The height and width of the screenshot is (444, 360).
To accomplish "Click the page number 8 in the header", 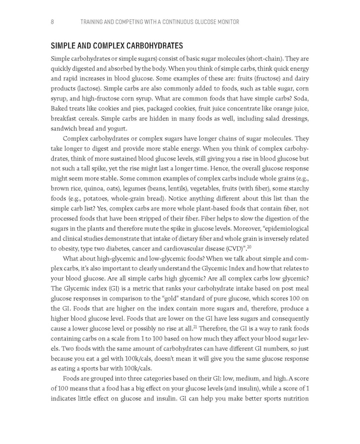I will (x=52, y=22).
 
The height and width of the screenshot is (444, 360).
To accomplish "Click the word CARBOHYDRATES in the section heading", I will (x=147, y=45).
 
